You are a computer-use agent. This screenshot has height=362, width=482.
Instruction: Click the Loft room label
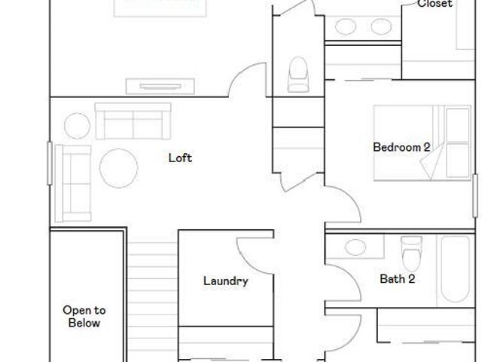181,158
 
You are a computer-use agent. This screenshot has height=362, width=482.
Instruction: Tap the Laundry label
226,281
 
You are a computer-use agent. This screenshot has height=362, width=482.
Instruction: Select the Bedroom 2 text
401,147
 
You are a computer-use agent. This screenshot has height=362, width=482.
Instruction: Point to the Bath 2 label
398,279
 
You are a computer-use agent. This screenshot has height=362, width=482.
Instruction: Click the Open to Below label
84,317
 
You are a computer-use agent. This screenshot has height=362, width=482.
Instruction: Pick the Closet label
435,4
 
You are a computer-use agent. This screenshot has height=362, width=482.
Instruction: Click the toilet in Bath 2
411,253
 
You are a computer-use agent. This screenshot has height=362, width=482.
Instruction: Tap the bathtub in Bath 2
455,269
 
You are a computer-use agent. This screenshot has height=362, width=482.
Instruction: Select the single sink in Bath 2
355,247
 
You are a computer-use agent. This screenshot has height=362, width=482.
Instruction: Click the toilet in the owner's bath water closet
298,74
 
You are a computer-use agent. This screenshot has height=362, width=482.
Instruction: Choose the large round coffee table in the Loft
119,168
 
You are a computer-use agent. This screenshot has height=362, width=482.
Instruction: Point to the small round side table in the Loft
77,126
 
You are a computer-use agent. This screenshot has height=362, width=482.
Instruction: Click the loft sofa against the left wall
73,183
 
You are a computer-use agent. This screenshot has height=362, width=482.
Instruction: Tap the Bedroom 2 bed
422,143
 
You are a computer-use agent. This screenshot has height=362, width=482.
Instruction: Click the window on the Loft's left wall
50,163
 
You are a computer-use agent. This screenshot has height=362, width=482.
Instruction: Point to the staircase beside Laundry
152,302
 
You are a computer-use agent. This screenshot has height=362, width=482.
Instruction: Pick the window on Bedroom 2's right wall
475,195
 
